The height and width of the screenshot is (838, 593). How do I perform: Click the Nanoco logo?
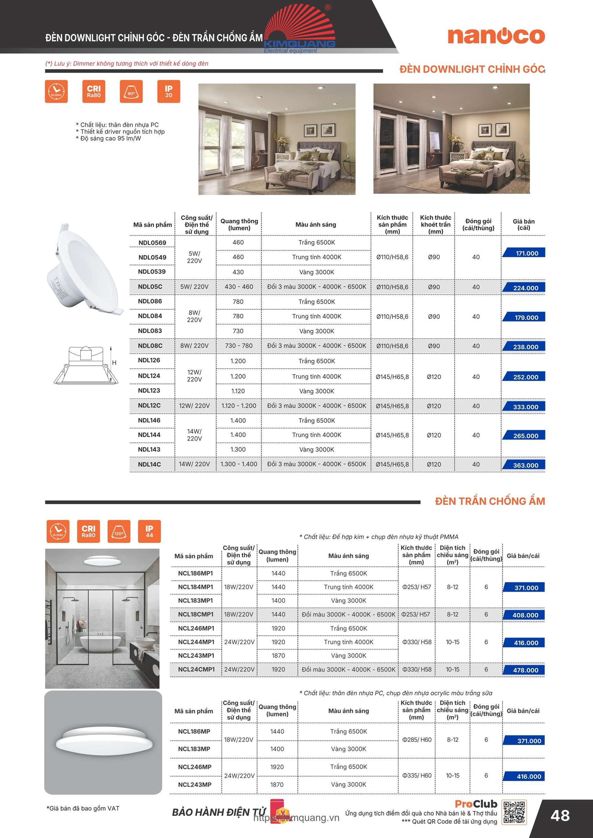[496, 36]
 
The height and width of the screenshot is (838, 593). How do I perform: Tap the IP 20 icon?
[168, 92]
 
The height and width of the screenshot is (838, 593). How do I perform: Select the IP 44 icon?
[149, 531]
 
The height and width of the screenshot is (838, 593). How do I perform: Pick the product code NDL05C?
[150, 287]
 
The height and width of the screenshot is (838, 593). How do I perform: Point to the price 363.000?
[525, 465]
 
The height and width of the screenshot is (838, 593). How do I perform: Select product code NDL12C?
[149, 406]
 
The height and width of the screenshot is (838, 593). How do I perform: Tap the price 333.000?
[525, 407]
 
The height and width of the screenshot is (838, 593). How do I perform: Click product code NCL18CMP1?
[196, 615]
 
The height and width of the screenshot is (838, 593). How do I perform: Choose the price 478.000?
[525, 670]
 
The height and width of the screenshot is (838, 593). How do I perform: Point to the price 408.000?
[525, 615]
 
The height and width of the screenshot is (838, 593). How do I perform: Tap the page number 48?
[560, 816]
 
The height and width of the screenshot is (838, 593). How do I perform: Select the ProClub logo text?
[476, 804]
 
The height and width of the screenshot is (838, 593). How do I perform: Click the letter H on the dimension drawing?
[114, 363]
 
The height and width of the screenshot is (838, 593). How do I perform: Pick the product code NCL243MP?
[195, 785]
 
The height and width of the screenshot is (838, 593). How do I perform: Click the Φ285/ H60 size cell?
[417, 740]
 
